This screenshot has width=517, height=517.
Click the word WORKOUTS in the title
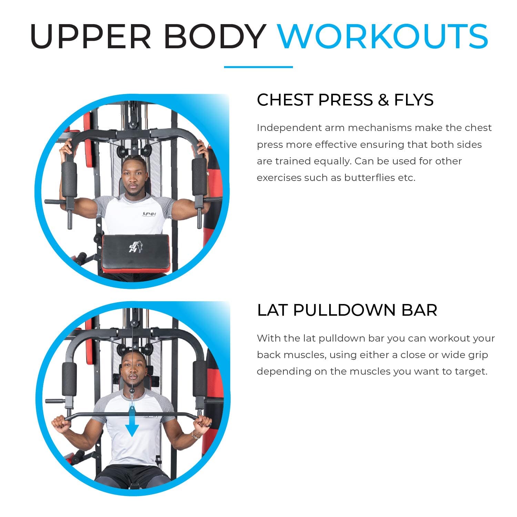[383, 36]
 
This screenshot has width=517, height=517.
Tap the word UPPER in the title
[91, 36]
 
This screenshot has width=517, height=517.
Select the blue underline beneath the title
[258, 67]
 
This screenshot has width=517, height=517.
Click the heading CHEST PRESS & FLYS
[345, 100]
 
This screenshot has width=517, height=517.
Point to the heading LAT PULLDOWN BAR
[347, 310]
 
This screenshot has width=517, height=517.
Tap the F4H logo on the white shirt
[149, 214]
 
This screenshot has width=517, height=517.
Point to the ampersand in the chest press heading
[383, 100]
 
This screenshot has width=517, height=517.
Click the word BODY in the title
[214, 36]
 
